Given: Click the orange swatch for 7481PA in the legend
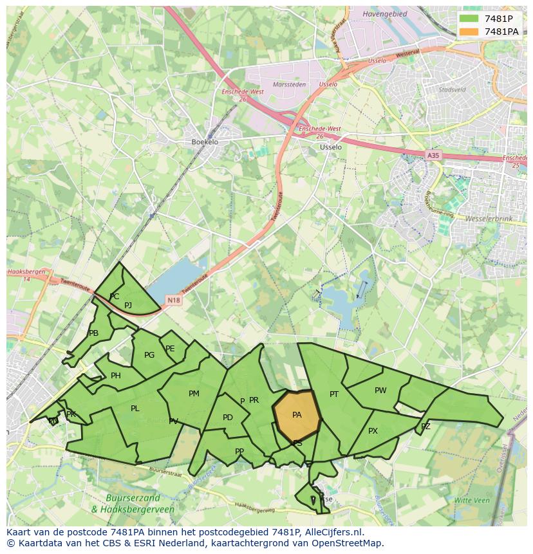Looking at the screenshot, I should [469, 32].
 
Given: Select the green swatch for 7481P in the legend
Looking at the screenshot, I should [469, 18].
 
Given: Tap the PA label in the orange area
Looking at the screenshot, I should [297, 415].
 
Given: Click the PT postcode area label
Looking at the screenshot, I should [334, 394].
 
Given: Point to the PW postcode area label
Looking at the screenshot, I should [380, 391].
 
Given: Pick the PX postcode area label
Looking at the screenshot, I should [373, 431].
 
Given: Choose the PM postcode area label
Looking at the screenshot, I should [194, 394].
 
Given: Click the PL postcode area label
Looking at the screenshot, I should [135, 409].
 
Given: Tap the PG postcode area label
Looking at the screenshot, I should [149, 355].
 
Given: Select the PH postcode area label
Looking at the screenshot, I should [116, 376].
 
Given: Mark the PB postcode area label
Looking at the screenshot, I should [94, 333].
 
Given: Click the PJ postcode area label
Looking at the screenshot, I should [128, 306].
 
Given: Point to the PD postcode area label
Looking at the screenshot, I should [228, 418].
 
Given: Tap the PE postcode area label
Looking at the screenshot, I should [170, 349].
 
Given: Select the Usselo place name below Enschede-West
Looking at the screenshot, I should [331, 147].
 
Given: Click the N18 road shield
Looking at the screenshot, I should [173, 300].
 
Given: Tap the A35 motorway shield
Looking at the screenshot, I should [433, 155].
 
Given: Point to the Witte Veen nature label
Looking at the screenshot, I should [472, 500].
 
